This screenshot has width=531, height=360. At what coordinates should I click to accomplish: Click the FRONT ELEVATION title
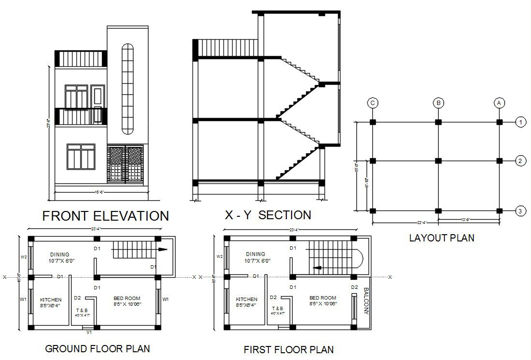(x=105, y=216)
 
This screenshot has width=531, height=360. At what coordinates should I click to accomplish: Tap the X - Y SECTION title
(x=267, y=215)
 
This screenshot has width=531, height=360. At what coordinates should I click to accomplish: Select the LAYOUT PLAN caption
(x=442, y=238)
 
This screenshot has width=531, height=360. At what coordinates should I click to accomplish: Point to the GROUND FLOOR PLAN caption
(x=97, y=348)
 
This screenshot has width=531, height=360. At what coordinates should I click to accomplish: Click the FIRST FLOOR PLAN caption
(x=289, y=349)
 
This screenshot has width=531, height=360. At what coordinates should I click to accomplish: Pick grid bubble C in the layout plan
(x=372, y=103)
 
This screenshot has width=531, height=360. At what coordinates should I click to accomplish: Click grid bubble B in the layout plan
(x=438, y=103)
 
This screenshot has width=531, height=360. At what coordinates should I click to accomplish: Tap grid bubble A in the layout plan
(x=499, y=103)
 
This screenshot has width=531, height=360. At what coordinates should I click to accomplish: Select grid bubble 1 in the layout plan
(x=520, y=122)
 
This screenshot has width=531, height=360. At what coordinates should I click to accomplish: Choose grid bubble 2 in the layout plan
(x=520, y=161)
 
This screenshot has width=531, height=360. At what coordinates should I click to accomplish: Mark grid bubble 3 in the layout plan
(x=520, y=210)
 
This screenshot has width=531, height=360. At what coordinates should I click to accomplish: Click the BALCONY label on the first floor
(x=366, y=301)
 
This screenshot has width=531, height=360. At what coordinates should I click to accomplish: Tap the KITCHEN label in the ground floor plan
(x=51, y=300)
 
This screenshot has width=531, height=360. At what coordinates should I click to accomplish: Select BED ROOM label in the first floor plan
(x=323, y=298)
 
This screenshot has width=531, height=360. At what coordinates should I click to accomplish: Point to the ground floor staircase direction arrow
(x=162, y=250)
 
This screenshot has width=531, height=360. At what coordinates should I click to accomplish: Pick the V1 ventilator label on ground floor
(x=89, y=332)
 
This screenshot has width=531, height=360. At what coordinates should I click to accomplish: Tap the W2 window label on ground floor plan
(x=23, y=256)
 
